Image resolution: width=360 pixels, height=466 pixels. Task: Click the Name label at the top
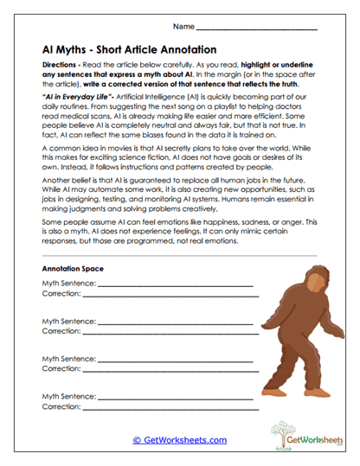coord(183,28)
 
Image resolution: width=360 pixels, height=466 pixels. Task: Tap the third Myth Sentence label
coord(68,357)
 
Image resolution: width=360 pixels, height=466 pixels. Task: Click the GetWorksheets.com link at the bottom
coord(180,440)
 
